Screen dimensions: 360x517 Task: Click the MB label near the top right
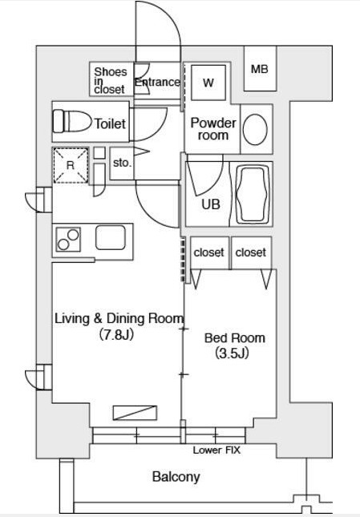click(260, 69)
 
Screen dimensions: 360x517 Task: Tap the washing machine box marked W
click(208, 83)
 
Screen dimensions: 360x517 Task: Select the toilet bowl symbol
click(72, 121)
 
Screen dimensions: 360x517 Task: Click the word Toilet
click(110, 123)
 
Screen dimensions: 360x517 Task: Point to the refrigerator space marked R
click(71, 165)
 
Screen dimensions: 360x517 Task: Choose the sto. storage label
click(122, 163)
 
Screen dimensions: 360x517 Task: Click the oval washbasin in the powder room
click(255, 129)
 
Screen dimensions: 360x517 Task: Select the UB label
click(211, 204)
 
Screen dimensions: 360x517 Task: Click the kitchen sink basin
click(111, 237)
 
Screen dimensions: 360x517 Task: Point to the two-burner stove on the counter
click(68, 240)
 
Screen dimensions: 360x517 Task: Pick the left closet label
click(208, 252)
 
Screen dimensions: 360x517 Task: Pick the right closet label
click(250, 252)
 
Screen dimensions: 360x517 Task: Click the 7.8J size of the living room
click(116, 335)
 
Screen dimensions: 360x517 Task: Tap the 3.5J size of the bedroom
click(232, 353)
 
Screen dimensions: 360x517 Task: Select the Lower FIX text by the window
click(216, 450)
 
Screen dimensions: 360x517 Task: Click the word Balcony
click(176, 477)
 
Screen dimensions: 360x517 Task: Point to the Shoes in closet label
click(110, 80)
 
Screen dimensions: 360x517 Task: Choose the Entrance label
click(158, 82)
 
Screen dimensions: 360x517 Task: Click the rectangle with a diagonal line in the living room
click(135, 413)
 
